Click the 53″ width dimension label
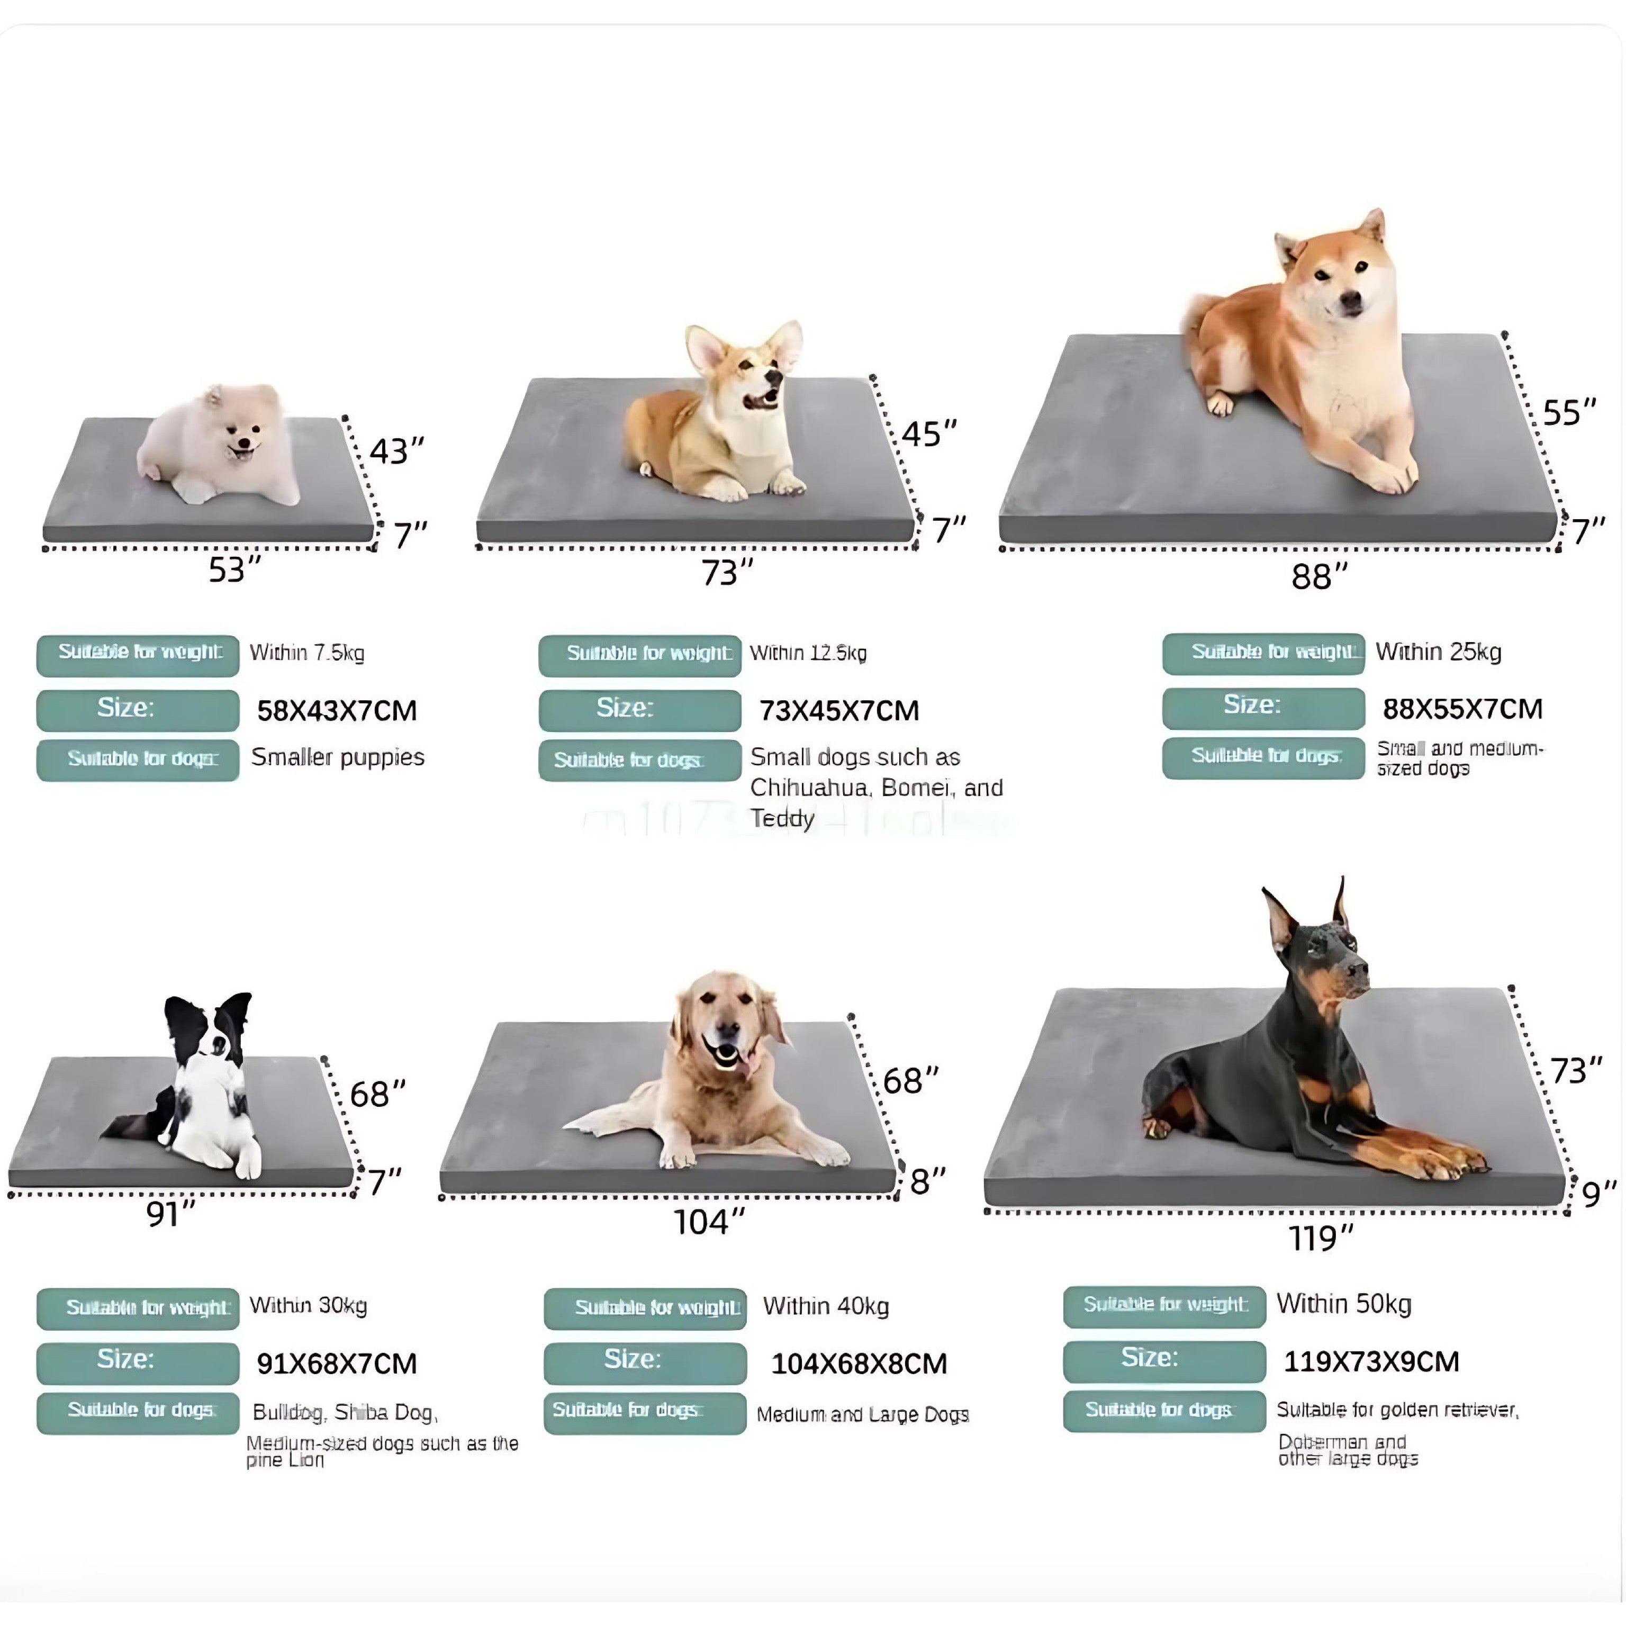[x=234, y=570]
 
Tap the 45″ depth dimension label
[x=929, y=433]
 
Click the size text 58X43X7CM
[x=337, y=710]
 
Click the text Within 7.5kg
[x=307, y=652]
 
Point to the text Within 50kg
[x=1344, y=1304]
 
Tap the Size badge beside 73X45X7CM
[x=639, y=709]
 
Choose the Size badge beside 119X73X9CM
[x=1164, y=1361]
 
